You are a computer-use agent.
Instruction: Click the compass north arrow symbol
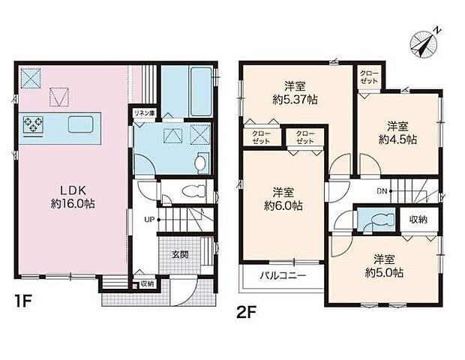pos(424,43)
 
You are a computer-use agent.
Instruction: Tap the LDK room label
pos(73,190)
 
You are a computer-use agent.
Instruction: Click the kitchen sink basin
pos(81,124)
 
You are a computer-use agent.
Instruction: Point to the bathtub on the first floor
pos(201,91)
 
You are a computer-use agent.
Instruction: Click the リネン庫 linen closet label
pos(144,113)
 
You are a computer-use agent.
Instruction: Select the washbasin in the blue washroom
pos(203,163)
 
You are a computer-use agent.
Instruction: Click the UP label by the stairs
pos(149,220)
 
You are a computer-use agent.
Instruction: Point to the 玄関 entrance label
pos(180,254)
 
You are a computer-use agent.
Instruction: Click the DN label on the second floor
pos(382,191)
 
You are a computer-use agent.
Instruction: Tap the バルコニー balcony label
pos(283,276)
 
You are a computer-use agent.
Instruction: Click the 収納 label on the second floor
pos(418,220)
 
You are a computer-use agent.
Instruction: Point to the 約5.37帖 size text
pos(295,100)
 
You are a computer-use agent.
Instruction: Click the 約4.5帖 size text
pos(397,139)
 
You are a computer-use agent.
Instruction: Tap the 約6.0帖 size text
pos(283,205)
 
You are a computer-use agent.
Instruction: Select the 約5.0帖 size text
pos(384,273)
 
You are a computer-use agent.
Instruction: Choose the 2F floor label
pos(246,313)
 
